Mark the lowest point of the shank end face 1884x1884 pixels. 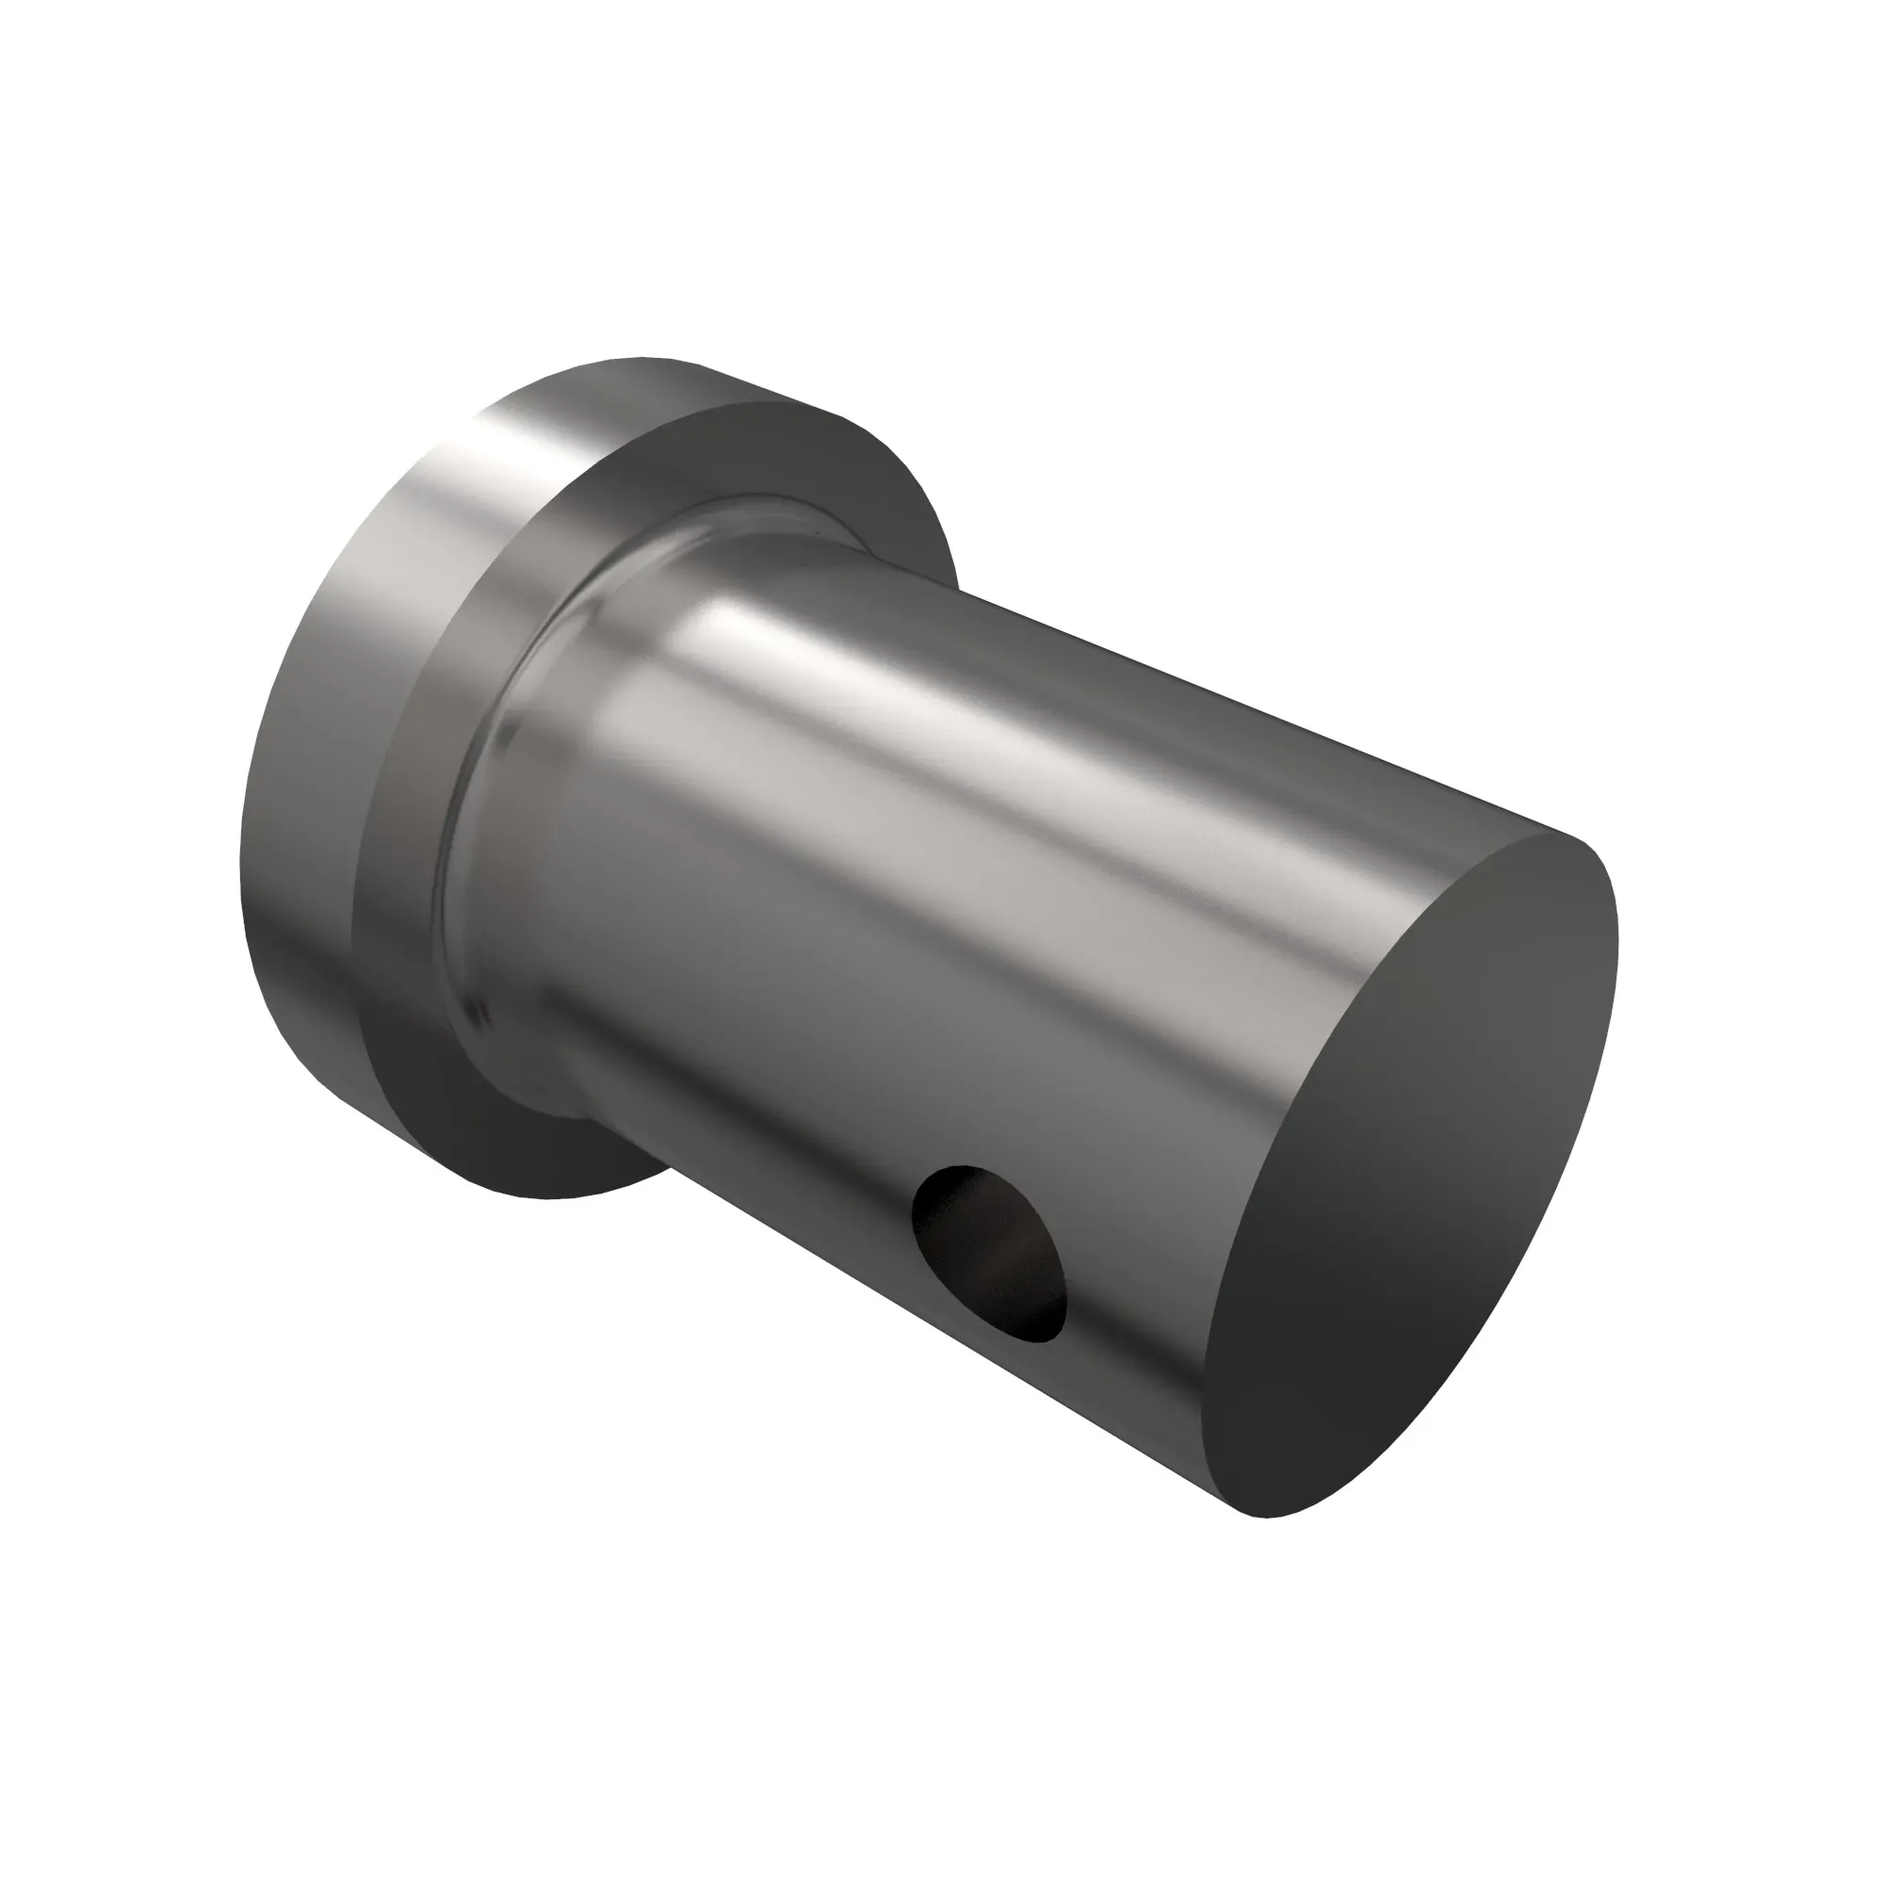click(x=1268, y=1518)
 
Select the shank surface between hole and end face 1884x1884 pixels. click(x=1141, y=1346)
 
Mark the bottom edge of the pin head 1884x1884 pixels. click(x=556, y=1197)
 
